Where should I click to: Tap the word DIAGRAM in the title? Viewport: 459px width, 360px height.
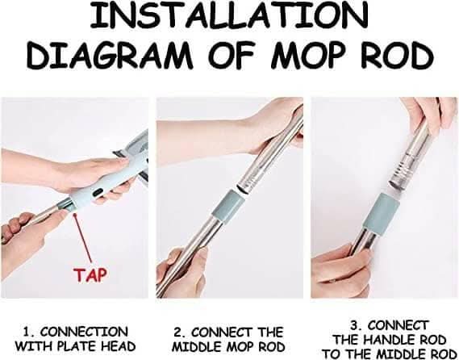110,54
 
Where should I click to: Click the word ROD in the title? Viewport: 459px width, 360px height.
397,54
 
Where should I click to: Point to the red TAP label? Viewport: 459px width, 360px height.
90,274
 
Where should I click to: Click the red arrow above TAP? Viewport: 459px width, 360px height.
83,238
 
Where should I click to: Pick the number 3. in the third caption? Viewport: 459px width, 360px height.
357,325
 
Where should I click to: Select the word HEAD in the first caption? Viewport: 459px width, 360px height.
119,346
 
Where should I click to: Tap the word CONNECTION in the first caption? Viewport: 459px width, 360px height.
85,333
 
